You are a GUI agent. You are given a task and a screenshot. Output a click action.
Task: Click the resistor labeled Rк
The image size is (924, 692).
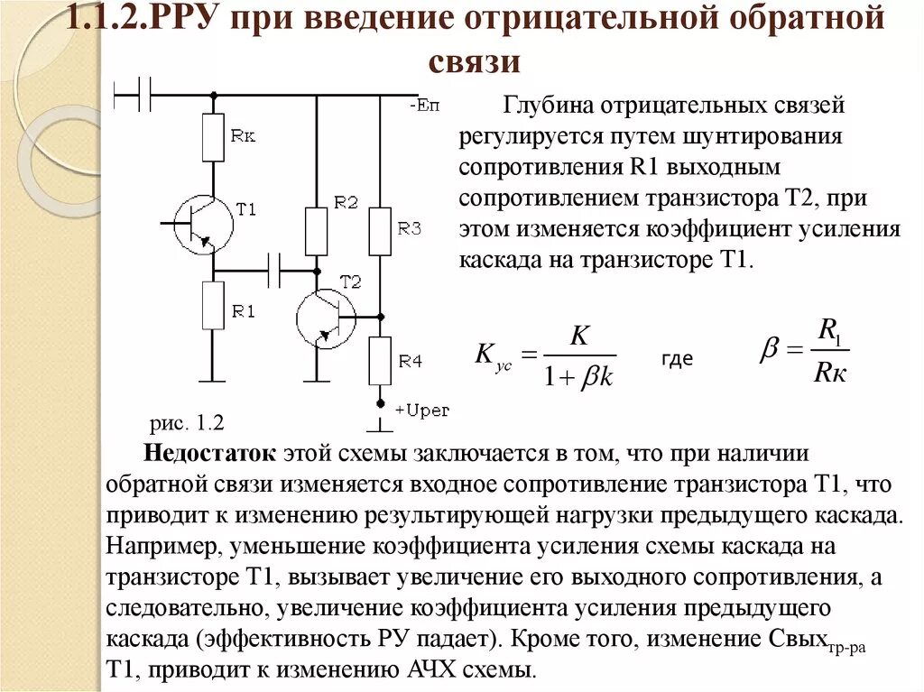(213, 137)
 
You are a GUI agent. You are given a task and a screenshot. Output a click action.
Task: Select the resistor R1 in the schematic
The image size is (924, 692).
(213, 305)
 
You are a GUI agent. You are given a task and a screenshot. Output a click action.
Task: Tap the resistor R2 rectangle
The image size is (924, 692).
(316, 231)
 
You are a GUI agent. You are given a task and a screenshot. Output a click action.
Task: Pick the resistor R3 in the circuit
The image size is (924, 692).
(380, 232)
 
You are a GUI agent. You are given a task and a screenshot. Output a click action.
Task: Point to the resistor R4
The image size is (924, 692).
(380, 361)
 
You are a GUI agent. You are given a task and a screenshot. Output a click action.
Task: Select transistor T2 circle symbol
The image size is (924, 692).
(326, 318)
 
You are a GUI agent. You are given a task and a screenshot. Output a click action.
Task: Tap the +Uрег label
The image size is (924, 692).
(421, 411)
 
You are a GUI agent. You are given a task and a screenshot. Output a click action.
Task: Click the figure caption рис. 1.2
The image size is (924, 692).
(186, 422)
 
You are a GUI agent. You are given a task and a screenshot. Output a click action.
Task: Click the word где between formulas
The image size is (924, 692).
(677, 358)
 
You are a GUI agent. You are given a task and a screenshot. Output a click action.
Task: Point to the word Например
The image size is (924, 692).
(163, 547)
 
